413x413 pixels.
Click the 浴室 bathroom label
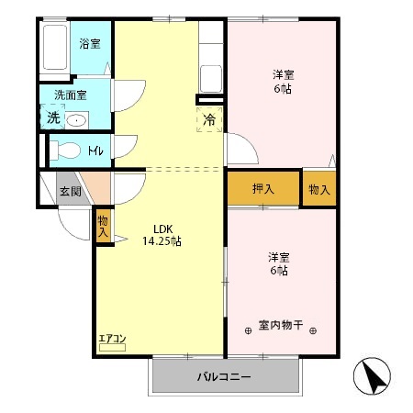click(x=89, y=43)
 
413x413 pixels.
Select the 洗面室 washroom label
click(x=70, y=94)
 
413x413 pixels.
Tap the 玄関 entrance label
click(x=71, y=191)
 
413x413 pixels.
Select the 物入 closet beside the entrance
click(x=103, y=226)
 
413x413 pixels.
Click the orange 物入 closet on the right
click(x=319, y=189)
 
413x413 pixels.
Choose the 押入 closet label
click(x=264, y=189)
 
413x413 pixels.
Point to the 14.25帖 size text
click(x=162, y=241)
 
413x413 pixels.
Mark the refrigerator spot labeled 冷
click(x=208, y=118)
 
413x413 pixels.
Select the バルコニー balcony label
click(x=225, y=377)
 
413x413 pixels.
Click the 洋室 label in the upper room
click(x=282, y=73)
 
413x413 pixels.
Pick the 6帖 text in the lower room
click(x=279, y=271)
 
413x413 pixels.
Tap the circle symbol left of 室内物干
click(x=248, y=329)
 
